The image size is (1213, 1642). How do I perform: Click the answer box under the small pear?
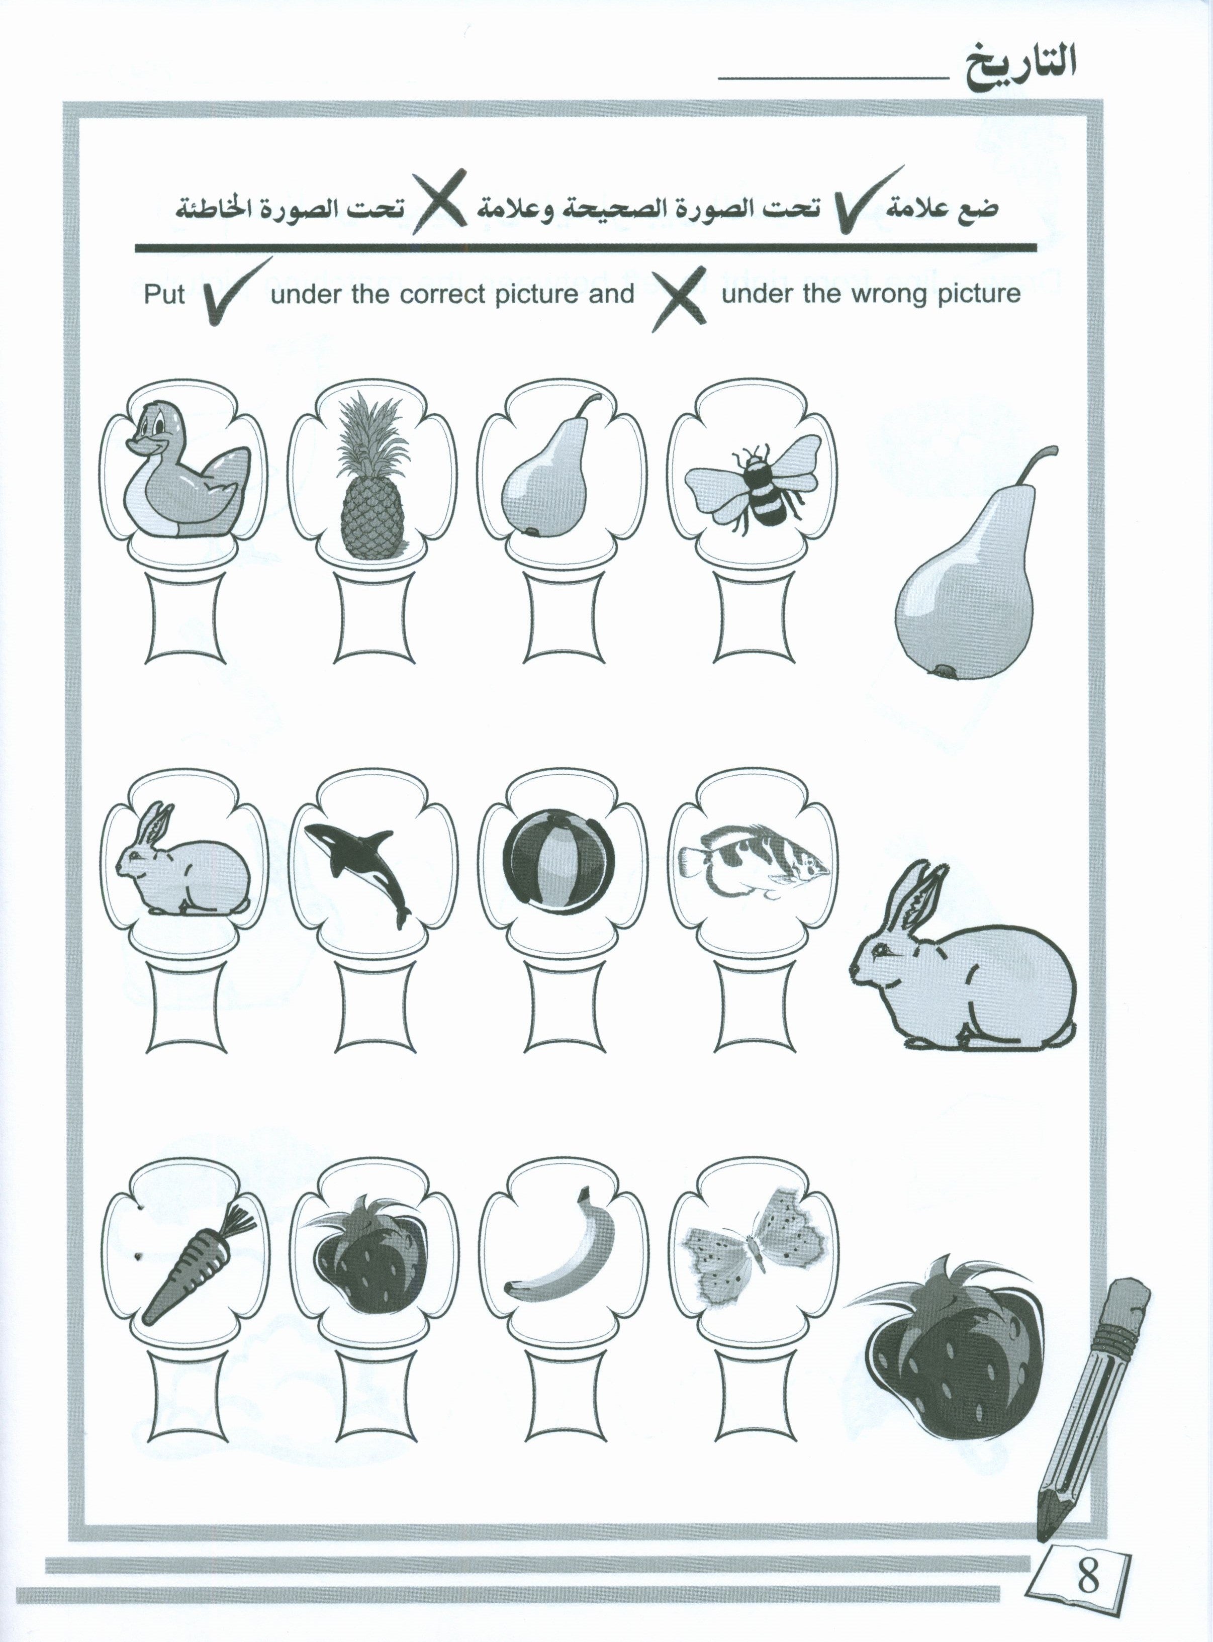(x=563, y=617)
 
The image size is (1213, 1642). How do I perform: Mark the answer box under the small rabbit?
(x=186, y=1008)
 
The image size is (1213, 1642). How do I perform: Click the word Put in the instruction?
(x=164, y=295)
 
